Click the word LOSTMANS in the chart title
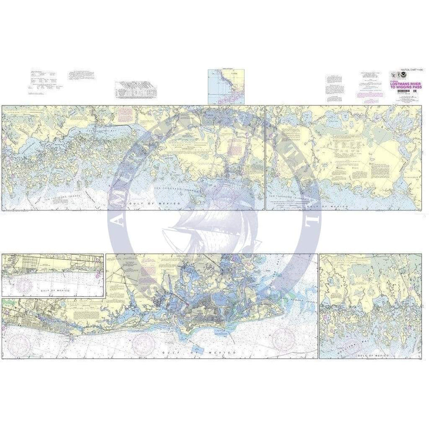pos(398,84)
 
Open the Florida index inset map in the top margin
pos(226,87)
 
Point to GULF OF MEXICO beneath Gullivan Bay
pos(374,355)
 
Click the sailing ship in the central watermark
pos(205,219)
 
